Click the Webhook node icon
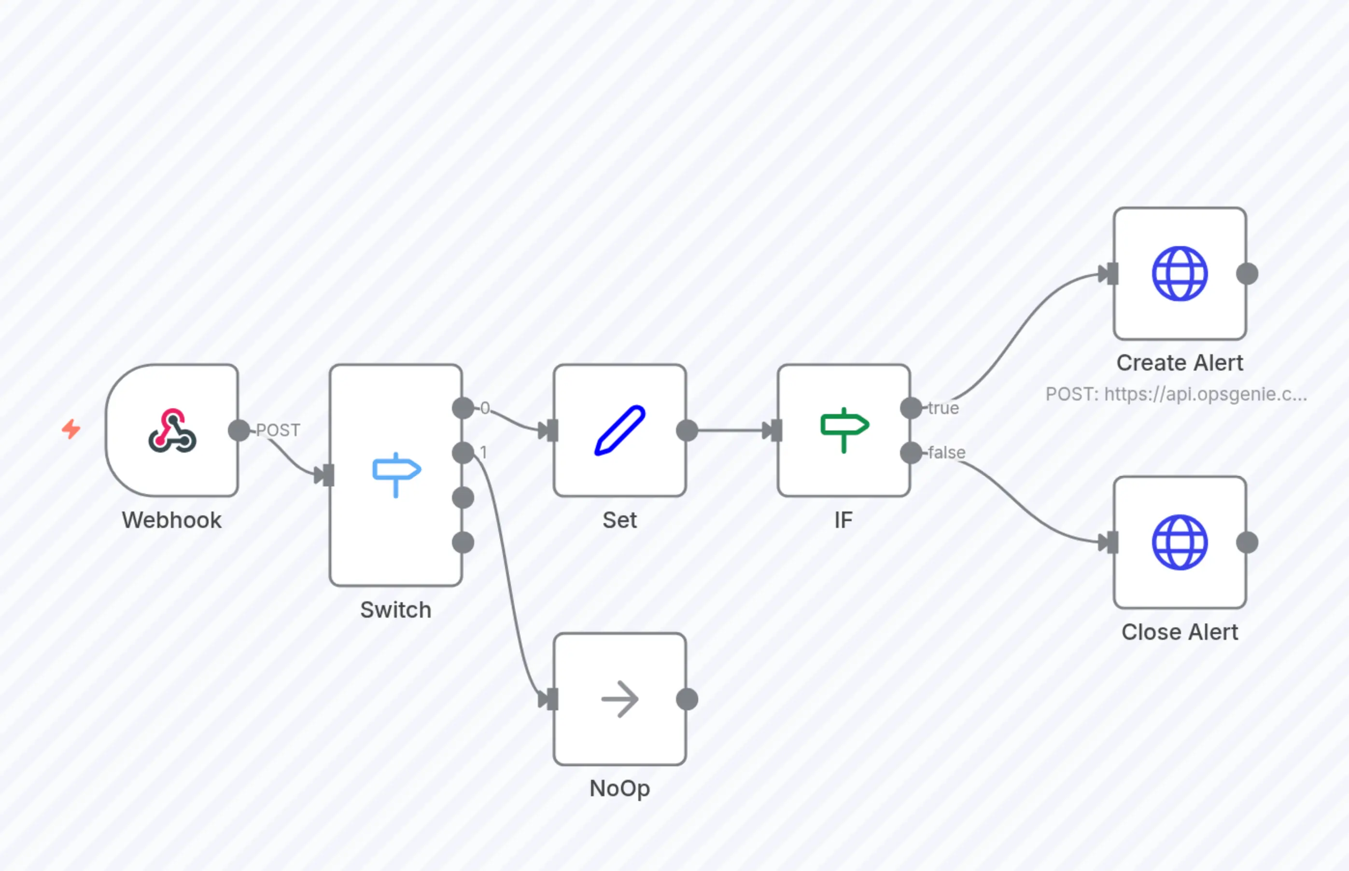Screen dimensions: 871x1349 [172, 430]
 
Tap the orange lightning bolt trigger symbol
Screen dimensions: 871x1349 [70, 429]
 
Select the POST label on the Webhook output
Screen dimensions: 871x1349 [278, 430]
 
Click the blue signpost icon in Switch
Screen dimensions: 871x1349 [396, 474]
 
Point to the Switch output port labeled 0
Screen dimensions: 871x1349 [463, 408]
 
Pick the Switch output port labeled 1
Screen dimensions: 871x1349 [463, 453]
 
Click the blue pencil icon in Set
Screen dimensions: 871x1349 [619, 430]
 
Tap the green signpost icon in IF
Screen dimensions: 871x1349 [843, 429]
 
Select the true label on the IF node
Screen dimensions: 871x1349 [943, 408]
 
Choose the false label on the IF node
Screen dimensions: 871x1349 [947, 453]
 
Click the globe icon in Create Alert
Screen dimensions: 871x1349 [1180, 274]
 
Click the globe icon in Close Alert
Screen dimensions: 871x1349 [1180, 542]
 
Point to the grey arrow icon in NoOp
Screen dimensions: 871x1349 [619, 699]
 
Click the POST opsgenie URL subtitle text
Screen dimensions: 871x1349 [1176, 394]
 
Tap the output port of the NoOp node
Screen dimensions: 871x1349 [687, 699]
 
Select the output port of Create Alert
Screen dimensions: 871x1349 [1247, 274]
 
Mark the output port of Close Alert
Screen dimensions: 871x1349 [1247, 542]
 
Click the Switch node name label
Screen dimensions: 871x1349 [395, 610]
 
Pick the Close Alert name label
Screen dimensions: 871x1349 [1180, 632]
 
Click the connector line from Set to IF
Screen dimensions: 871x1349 [730, 430]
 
